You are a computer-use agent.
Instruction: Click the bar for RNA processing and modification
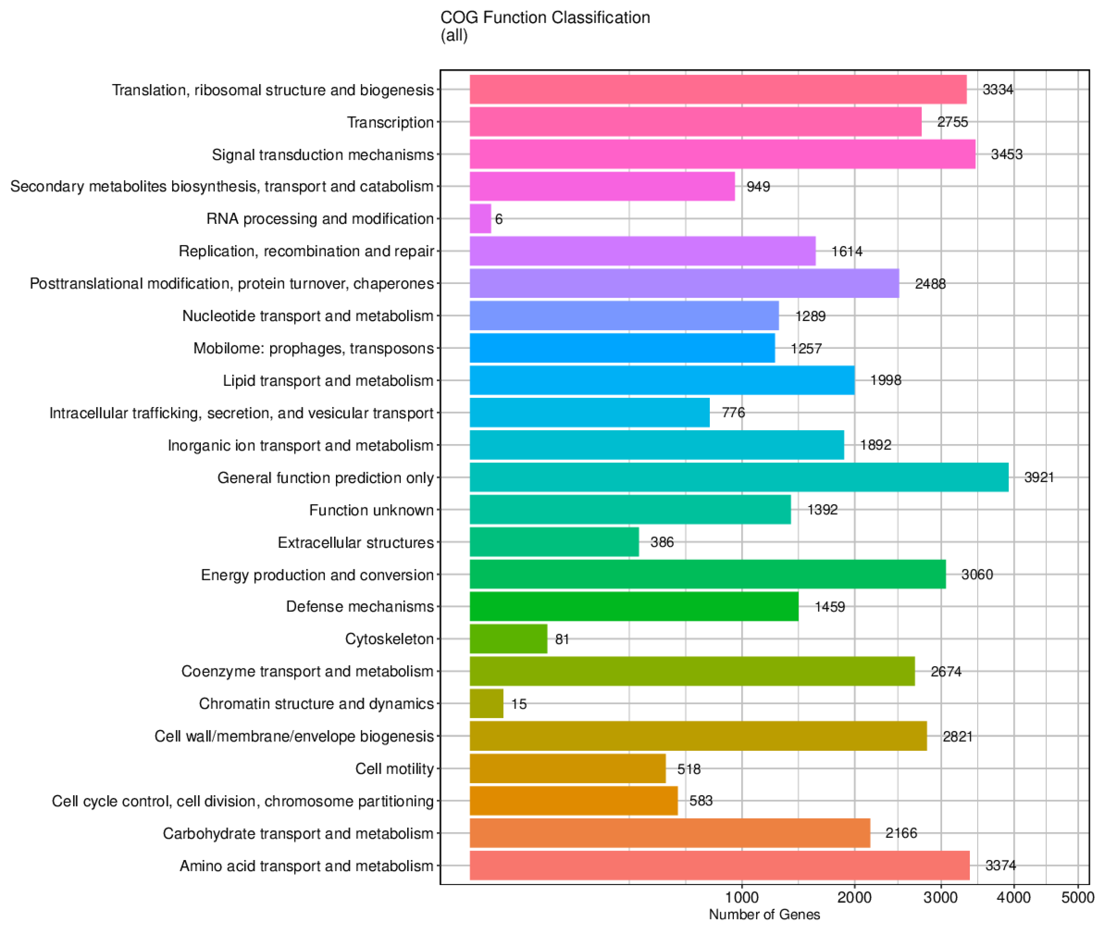pyautogui.click(x=480, y=219)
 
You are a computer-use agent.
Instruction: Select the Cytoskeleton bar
pyautogui.click(x=508, y=639)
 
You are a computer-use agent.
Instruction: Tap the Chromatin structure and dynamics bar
pyautogui.click(x=487, y=703)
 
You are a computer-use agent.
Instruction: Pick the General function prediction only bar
pyautogui.click(x=739, y=477)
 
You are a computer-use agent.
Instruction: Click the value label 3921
pyautogui.click(x=1039, y=477)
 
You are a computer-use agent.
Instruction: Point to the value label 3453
pyautogui.click(x=1006, y=154)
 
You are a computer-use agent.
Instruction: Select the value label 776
pyautogui.click(x=733, y=412)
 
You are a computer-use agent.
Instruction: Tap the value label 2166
pyautogui.click(x=901, y=833)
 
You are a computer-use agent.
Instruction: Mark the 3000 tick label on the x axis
pyautogui.click(x=941, y=898)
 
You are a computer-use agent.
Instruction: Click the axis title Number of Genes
pyautogui.click(x=764, y=914)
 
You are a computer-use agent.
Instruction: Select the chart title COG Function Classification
pyautogui.click(x=545, y=17)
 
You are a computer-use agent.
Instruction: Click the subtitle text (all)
pyautogui.click(x=454, y=35)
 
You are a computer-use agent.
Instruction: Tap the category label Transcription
pyautogui.click(x=390, y=122)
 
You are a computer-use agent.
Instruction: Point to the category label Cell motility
pyautogui.click(x=394, y=768)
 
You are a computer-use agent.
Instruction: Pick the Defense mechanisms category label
pyautogui.click(x=359, y=607)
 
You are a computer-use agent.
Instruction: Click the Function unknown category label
pyautogui.click(x=371, y=510)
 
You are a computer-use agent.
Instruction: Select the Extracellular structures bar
pyautogui.click(x=554, y=542)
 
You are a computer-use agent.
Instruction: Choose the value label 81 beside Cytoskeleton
pyautogui.click(x=562, y=639)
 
